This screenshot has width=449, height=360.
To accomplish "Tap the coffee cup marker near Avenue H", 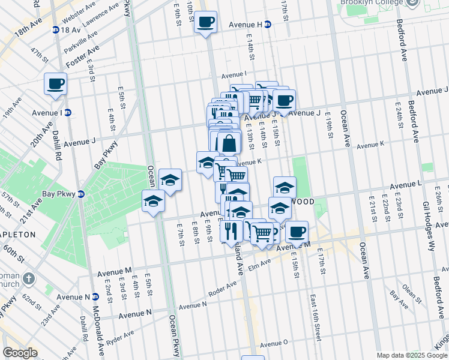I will point(206,22).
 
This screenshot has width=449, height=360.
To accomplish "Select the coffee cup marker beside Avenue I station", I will point(55,83).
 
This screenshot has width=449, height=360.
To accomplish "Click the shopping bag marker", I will point(229,143).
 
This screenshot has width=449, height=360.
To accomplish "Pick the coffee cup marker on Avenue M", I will point(296,230).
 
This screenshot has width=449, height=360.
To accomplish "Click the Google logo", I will point(20,353).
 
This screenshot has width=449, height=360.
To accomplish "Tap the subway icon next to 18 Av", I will point(56,29).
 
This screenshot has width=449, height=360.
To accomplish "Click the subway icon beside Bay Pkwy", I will point(82,194).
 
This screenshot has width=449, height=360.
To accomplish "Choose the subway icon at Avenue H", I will point(268,25).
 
